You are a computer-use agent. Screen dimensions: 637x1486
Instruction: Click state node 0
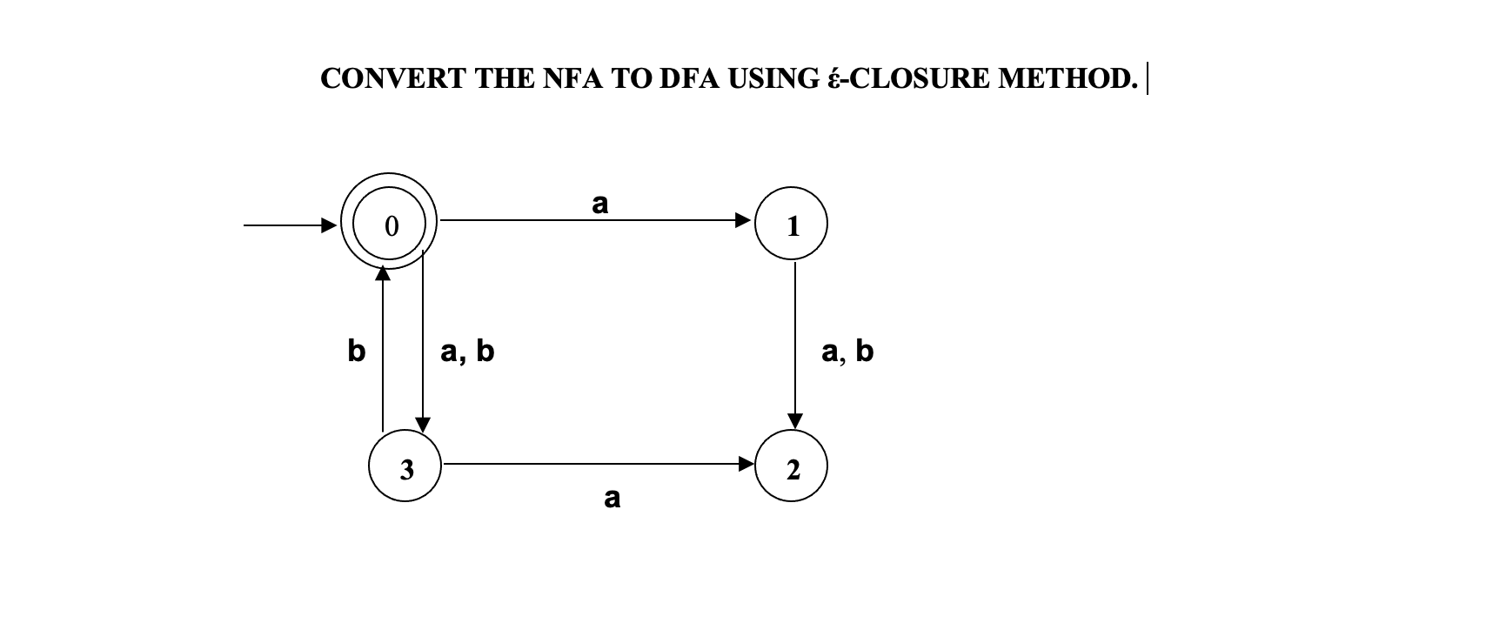click(x=392, y=226)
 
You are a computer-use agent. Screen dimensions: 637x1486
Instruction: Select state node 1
click(x=792, y=225)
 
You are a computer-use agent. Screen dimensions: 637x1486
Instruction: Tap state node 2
click(x=792, y=469)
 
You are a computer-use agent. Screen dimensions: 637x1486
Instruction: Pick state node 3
click(x=405, y=467)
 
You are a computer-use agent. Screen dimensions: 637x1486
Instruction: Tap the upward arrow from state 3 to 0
click(x=382, y=348)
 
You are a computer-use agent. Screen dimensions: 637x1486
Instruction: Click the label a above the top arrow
click(x=600, y=204)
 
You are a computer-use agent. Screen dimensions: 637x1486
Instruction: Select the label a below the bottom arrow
click(x=612, y=498)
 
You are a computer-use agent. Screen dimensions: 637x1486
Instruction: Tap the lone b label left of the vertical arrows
click(x=356, y=351)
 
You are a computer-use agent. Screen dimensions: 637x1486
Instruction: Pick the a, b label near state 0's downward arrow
click(x=467, y=351)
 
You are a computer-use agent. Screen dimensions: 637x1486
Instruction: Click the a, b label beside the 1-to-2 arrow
click(x=847, y=351)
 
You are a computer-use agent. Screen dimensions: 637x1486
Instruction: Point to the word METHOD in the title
click(x=1068, y=78)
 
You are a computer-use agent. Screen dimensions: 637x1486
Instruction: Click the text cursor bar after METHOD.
click(x=1148, y=78)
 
